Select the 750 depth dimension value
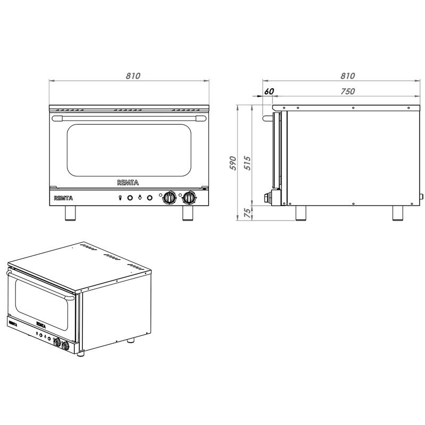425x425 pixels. [x=347, y=91]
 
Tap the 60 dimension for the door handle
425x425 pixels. [x=269, y=91]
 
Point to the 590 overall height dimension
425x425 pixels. [x=232, y=163]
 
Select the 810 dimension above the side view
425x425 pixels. [x=347, y=76]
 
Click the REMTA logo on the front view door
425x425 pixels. [x=127, y=182]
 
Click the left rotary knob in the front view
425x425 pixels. [x=169, y=198]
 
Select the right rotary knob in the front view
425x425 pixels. [x=189, y=198]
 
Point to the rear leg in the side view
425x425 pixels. [x=398, y=212]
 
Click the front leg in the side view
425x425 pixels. [x=301, y=212]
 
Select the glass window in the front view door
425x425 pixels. [x=127, y=151]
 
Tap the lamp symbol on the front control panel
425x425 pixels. [x=120, y=198]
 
